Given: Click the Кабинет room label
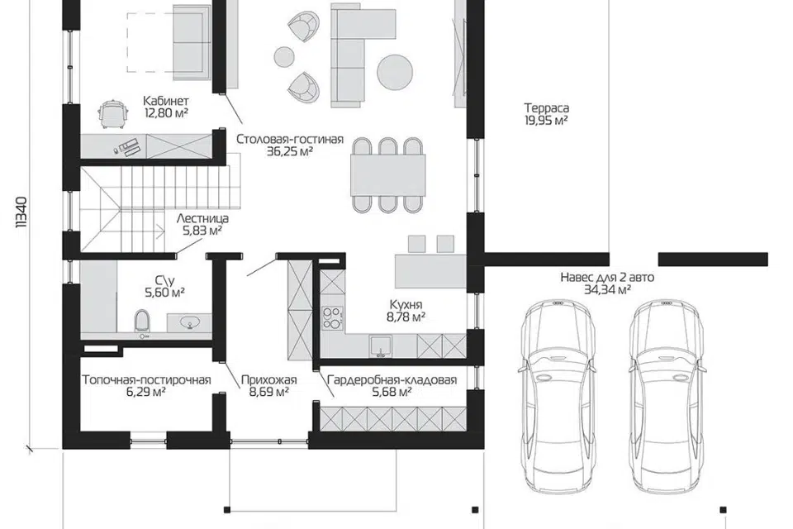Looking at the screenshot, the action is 166,100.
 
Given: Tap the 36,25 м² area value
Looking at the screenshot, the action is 290,151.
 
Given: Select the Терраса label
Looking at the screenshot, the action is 546,107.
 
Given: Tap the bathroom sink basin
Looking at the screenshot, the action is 192,322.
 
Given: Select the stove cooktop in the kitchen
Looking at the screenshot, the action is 333,318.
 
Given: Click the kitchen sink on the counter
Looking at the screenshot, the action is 380,346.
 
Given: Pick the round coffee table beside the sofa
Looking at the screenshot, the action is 395,71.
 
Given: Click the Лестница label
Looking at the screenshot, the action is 202,219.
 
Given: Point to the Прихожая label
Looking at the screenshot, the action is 269,379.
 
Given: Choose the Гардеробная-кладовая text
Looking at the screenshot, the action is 392,379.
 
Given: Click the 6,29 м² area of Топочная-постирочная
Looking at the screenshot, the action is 146,392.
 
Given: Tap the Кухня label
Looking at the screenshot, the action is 406,304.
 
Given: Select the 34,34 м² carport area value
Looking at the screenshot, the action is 607,289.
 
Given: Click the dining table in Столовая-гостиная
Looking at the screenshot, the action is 388,174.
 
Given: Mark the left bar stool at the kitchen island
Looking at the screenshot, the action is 416,244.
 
